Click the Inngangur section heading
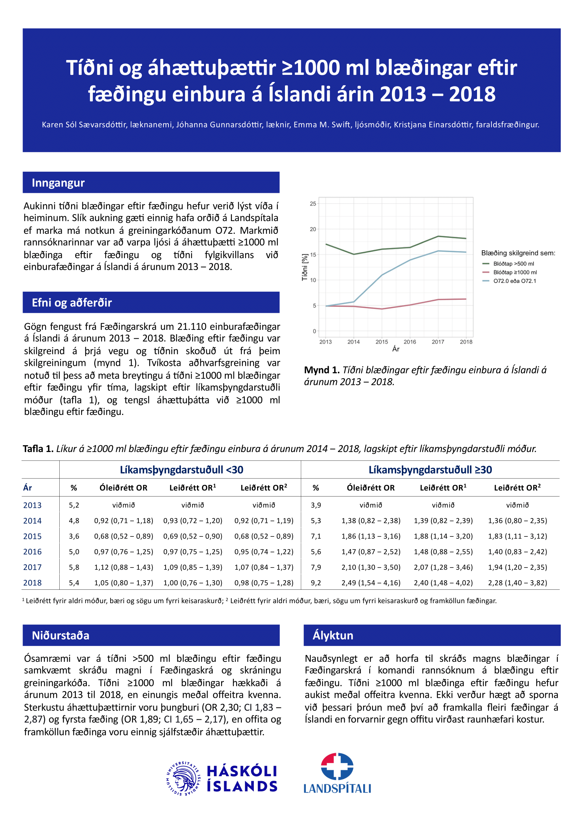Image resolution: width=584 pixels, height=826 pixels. pyautogui.click(x=58, y=183)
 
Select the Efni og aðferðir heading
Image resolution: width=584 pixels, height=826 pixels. pyautogui.click(x=72, y=303)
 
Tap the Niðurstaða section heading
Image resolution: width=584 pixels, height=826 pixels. pyautogui.click(x=60, y=635)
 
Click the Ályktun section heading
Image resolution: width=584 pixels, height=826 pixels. pyautogui.click(x=333, y=635)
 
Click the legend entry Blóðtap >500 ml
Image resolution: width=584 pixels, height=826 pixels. pyautogui.click(x=513, y=264)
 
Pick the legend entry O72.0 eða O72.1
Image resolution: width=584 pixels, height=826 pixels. pyautogui.click(x=514, y=281)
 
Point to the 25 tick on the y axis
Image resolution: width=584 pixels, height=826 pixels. pyautogui.click(x=313, y=204)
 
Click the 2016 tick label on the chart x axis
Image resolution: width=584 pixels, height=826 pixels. pyautogui.click(x=410, y=342)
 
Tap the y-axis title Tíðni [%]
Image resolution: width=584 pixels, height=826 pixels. pyautogui.click(x=305, y=267)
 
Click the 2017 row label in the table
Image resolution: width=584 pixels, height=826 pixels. pyautogui.click(x=32, y=567)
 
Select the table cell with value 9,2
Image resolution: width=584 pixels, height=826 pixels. pyautogui.click(x=316, y=583)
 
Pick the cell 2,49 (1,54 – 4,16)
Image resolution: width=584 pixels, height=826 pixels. pyautogui.click(x=371, y=583)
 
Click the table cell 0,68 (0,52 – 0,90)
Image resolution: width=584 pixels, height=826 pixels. pyautogui.click(x=193, y=536)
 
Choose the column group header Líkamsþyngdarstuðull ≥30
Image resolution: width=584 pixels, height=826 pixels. pyautogui.click(x=430, y=470)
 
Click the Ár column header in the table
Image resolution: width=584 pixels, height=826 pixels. pyautogui.click(x=28, y=488)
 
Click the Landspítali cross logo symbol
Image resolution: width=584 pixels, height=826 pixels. pyautogui.click(x=337, y=766)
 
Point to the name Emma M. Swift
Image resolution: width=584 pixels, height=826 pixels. pyautogui.click(x=322, y=125)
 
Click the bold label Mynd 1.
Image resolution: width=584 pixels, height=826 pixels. pyautogui.click(x=322, y=370)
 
